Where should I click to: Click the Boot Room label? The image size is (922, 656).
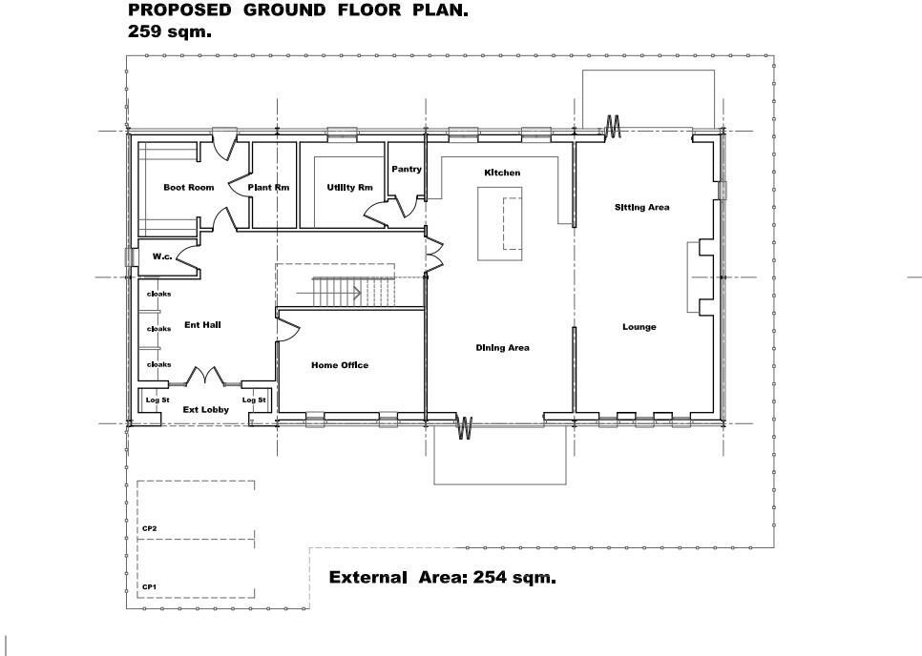point(188,188)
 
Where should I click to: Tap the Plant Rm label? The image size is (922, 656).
point(268,188)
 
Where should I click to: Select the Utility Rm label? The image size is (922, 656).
point(349,188)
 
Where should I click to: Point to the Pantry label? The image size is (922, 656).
point(407,170)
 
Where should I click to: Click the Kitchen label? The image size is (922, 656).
point(502,173)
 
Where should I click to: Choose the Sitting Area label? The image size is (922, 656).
point(641,207)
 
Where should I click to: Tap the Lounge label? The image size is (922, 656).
point(639,327)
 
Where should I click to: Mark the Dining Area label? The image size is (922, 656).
point(502,348)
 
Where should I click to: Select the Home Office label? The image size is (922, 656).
point(340,365)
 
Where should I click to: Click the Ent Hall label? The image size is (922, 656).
point(202,325)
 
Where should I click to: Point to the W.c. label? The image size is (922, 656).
point(161,256)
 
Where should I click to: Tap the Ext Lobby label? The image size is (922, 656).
point(205,410)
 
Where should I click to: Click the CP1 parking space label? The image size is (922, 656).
point(149,586)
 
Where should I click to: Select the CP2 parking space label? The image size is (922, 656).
point(149,528)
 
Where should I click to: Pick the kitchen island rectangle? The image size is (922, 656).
point(500,224)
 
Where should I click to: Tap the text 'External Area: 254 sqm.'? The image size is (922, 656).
point(442,578)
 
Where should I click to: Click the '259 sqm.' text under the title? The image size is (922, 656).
point(170,31)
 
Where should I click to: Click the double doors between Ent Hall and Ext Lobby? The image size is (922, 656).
point(205,378)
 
